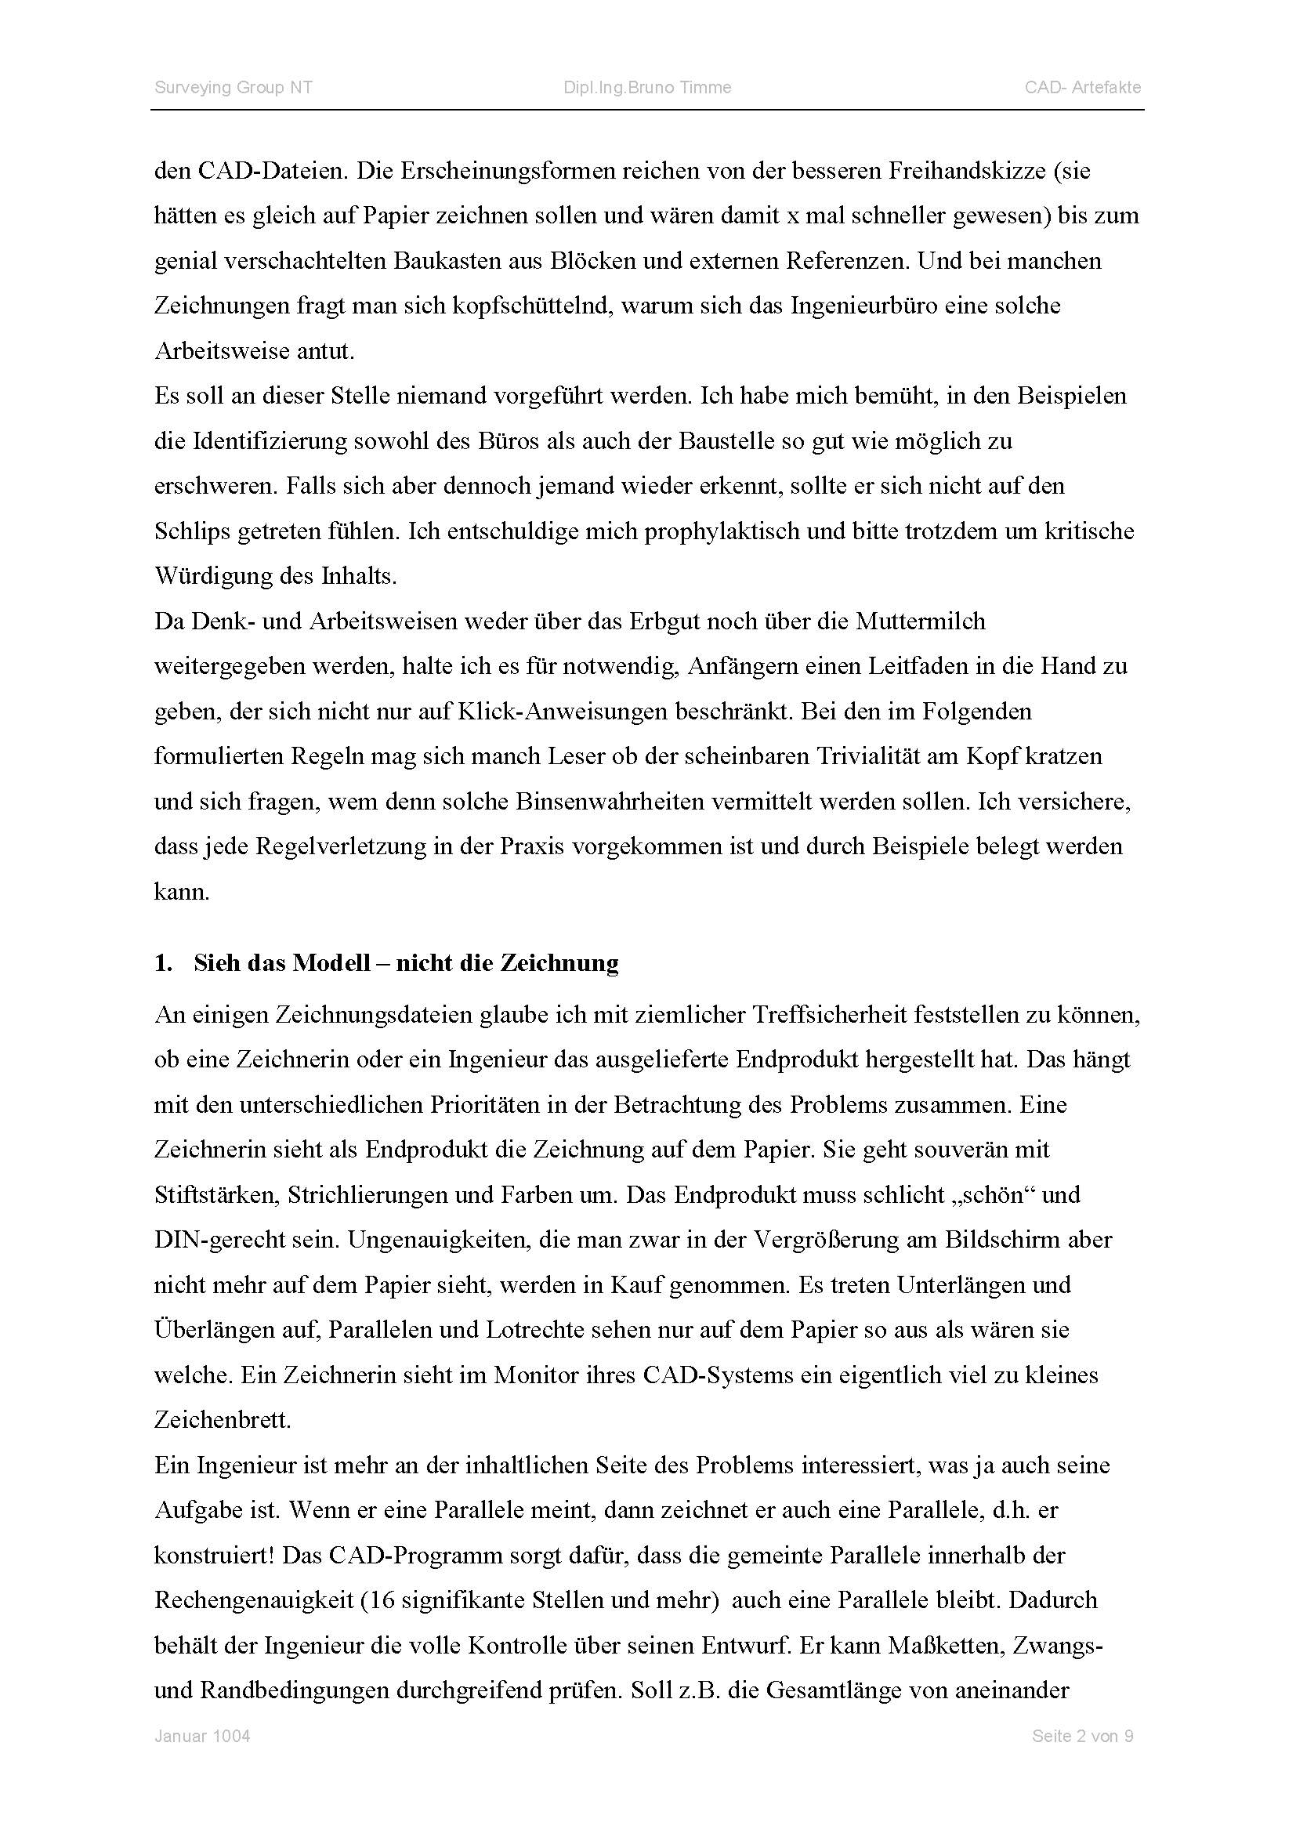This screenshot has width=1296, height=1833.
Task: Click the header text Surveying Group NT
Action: coord(233,88)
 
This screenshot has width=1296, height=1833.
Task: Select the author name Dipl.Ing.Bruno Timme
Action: coord(647,88)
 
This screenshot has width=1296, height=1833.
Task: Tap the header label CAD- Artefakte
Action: coord(1082,88)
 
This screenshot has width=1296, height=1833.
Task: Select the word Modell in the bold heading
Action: coord(331,964)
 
